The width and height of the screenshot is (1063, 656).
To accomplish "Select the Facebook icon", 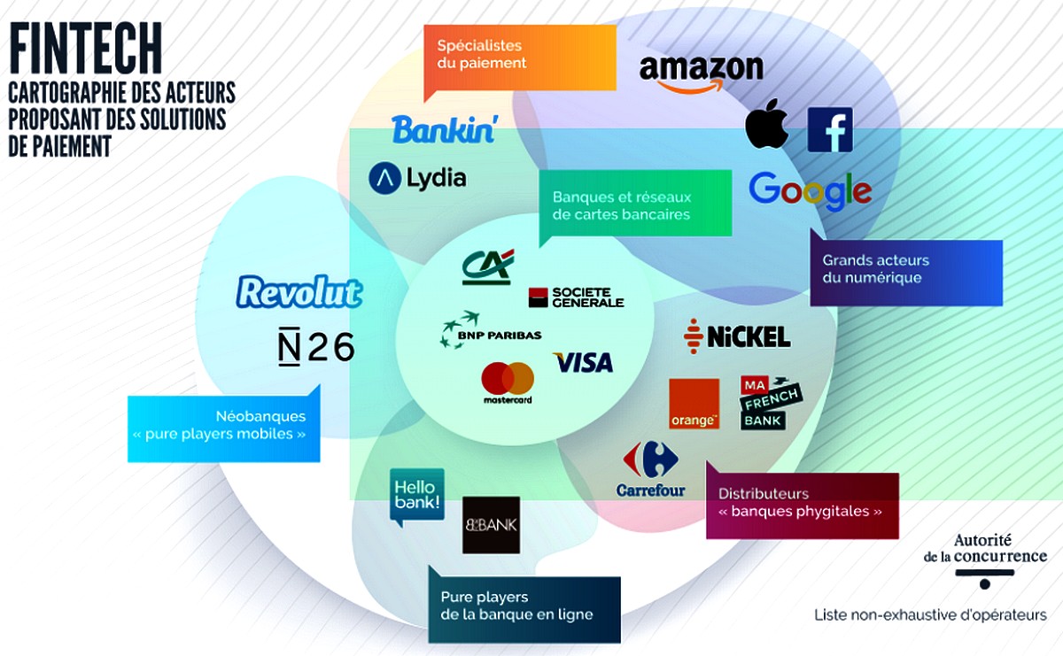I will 830,130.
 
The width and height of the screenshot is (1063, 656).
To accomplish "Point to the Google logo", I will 810,191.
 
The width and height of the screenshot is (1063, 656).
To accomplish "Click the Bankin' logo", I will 444,129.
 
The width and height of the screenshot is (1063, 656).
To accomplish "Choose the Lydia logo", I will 417,178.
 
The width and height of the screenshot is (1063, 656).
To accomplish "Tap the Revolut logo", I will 299,292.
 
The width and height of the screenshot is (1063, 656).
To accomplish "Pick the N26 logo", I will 315,348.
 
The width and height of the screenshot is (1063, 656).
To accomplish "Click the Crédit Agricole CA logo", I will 487,266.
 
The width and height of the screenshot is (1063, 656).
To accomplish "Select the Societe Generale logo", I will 576,297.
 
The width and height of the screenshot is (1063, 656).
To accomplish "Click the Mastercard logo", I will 508,383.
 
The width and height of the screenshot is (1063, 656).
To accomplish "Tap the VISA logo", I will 583,362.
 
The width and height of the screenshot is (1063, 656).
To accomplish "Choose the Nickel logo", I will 737,336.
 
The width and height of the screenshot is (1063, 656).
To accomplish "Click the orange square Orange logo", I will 694,405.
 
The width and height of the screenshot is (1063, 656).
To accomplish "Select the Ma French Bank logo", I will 769,403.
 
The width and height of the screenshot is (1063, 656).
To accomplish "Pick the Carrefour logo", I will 650,469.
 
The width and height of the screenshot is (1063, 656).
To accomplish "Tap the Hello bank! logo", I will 417,497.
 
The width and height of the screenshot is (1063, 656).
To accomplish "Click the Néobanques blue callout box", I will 224,428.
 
